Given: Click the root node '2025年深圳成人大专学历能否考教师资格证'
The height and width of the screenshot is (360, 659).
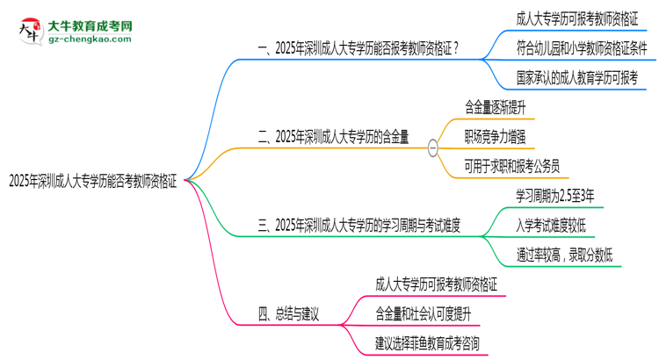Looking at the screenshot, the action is tap(93, 181).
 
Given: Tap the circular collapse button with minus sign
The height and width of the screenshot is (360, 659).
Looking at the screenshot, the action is tap(432, 148).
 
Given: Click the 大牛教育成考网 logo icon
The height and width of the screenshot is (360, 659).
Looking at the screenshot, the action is tap(31, 31).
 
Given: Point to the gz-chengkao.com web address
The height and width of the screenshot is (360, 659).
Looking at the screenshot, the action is tap(90, 40).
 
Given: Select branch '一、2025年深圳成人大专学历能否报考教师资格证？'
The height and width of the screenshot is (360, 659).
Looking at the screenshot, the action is tap(358, 48).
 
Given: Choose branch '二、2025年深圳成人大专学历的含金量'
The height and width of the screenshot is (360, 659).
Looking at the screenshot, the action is tap(333, 137).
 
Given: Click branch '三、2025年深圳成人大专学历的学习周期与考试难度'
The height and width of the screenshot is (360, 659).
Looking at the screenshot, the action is tap(358, 226).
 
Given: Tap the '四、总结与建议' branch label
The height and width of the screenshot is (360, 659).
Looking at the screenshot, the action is tap(288, 313).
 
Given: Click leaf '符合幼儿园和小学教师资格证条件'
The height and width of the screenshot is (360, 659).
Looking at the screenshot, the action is tap(582, 48).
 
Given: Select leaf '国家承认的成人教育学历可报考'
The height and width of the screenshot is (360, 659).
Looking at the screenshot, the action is tap(577, 78).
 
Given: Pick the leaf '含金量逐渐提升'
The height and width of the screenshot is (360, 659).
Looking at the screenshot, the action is tap(495, 107).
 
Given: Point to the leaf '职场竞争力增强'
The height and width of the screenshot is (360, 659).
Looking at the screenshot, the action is tap(495, 137).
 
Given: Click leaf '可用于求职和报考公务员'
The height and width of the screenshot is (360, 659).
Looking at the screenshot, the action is tap(512, 166).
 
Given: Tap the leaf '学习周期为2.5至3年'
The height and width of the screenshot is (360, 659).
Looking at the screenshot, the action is tap(555, 196).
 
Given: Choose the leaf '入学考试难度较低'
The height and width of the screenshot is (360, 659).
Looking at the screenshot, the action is tap(551, 226).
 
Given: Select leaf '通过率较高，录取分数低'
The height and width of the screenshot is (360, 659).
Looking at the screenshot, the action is tap(564, 255).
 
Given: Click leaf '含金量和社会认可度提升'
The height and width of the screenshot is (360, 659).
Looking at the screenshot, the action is tap(424, 313).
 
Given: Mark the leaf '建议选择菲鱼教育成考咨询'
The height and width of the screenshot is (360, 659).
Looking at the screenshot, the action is tap(427, 343).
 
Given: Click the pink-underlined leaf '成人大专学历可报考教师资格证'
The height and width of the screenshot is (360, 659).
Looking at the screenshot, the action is tap(436, 284).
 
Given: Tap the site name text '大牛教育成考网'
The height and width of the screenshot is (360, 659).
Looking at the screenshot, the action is tap(90, 26).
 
